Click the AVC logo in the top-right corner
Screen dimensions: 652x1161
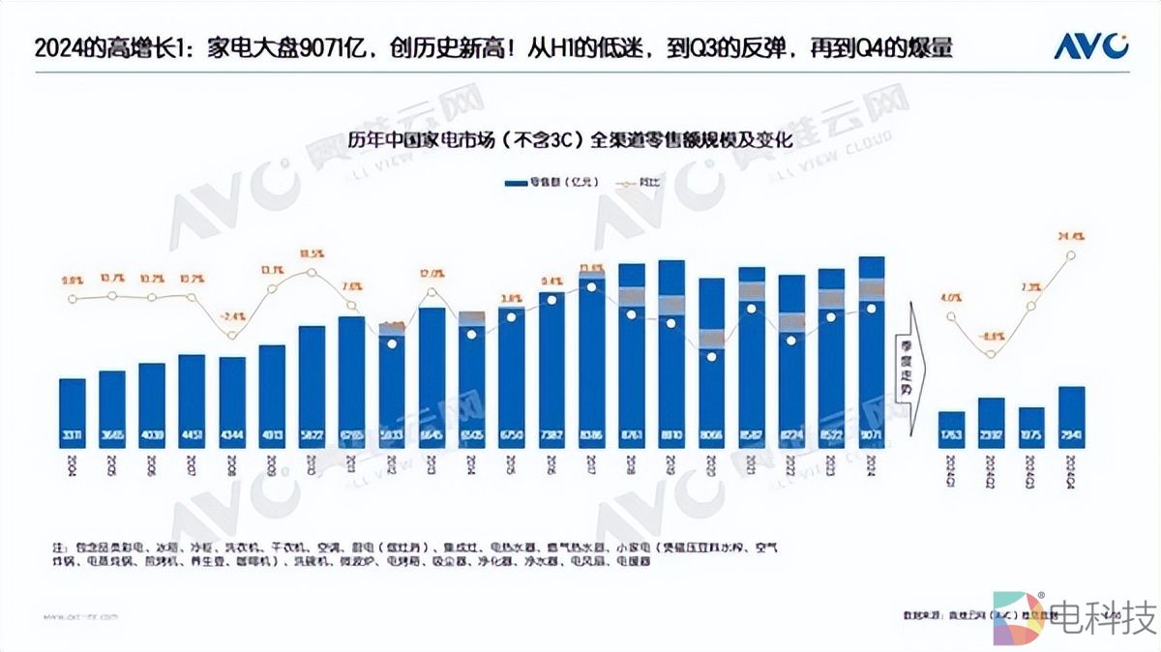point(1090,45)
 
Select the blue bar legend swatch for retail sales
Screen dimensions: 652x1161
point(514,181)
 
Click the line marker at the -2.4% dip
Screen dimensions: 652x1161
point(231,336)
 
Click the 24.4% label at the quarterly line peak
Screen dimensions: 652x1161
point(1071,235)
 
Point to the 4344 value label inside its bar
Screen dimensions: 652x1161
point(232,435)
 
